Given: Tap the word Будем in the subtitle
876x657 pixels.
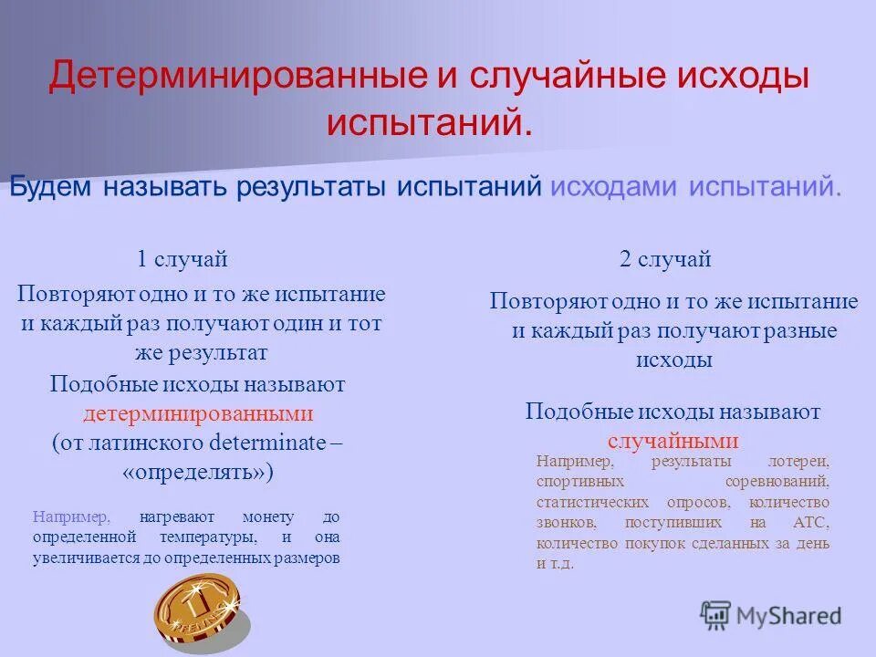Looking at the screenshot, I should (x=51, y=186).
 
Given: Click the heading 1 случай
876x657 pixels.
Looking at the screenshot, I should (x=182, y=259).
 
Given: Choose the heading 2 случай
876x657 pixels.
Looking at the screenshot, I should (x=665, y=259).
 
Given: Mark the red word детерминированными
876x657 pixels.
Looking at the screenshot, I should (x=198, y=413).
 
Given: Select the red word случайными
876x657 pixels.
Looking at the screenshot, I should (x=673, y=441).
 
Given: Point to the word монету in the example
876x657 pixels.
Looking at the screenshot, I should (x=267, y=516).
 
